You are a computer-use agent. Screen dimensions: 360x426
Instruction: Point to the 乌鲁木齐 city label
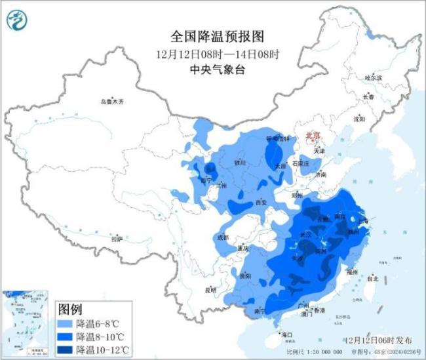(x=112, y=102)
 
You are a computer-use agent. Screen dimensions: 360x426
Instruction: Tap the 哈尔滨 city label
(x=372, y=77)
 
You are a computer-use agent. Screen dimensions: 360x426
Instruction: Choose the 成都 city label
(x=222, y=237)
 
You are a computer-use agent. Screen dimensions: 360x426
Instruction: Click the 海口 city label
(x=286, y=335)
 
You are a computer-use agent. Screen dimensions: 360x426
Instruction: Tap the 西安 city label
(x=262, y=202)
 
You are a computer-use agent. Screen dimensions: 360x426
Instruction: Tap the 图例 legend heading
(x=70, y=308)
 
